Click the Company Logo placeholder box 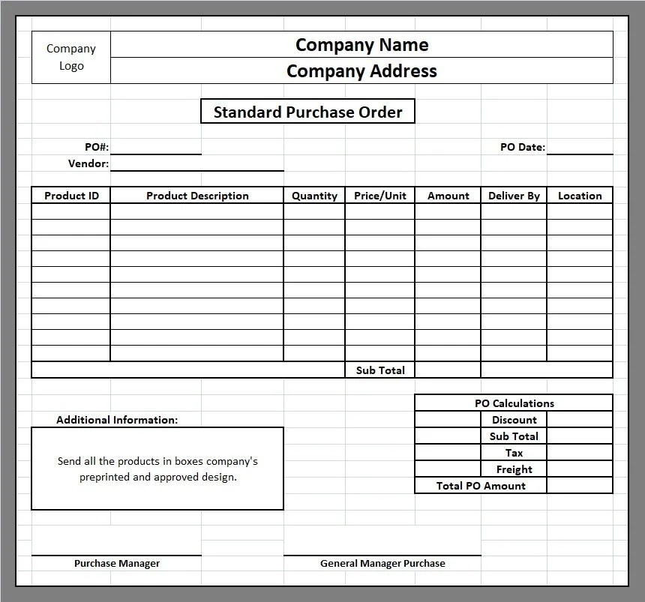coord(71,57)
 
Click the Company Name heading coord(361,44)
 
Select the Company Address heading coord(361,71)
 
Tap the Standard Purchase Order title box coord(307,112)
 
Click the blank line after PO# coord(156,148)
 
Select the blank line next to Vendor coord(196,163)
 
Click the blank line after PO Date coord(580,148)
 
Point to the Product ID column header coord(71,196)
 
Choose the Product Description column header coord(197,196)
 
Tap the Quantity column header coord(314,196)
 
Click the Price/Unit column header coord(380,196)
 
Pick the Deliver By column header coord(514,196)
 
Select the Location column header coord(580,196)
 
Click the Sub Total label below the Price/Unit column coord(380,370)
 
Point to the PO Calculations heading coord(514,403)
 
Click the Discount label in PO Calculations coord(514,420)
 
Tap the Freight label coord(514,469)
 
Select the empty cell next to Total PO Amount coord(580,486)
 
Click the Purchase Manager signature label coord(117,563)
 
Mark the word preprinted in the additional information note coord(106,477)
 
